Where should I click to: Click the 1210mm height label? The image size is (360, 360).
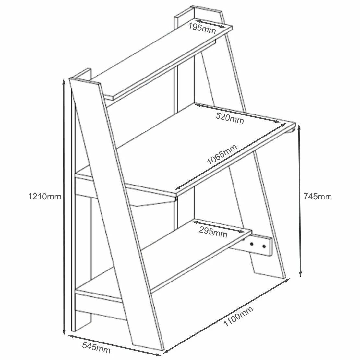click(x=44, y=197)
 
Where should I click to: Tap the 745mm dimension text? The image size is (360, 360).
click(x=318, y=197)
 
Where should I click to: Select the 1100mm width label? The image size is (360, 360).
click(x=238, y=316)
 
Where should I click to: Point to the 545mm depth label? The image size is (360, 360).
click(x=96, y=347)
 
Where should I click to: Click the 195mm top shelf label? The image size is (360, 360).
click(x=202, y=28)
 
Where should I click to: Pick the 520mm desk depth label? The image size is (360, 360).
click(x=230, y=118)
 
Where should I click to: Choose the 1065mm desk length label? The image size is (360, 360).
click(x=222, y=154)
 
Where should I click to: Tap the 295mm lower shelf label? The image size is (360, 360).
click(x=213, y=232)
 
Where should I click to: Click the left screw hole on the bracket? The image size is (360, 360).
click(x=252, y=244)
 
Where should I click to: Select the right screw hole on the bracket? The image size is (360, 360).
click(x=264, y=247)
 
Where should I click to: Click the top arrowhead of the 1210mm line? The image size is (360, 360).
click(x=64, y=81)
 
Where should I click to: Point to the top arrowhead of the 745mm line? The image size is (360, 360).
click(x=299, y=127)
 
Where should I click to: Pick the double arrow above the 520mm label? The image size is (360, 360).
click(x=238, y=113)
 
